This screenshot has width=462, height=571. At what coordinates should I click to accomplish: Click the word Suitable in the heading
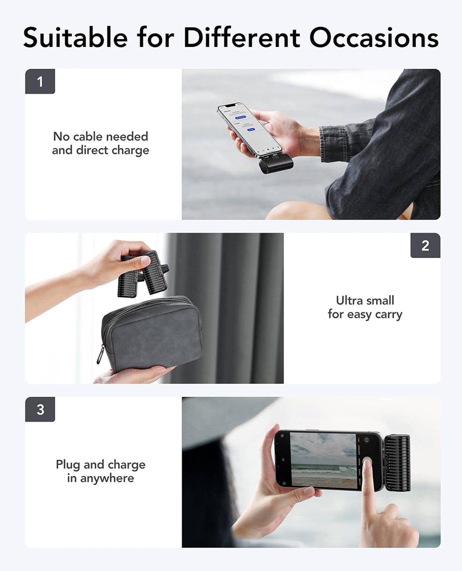tap(75, 37)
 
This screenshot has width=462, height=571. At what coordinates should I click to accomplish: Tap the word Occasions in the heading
tap(373, 37)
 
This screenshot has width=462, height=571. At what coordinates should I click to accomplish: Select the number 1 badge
tap(40, 82)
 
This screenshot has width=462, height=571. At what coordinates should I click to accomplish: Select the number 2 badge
tap(425, 246)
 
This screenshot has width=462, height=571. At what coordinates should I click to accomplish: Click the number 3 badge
tap(40, 410)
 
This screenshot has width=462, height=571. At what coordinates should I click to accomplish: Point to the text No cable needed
tap(100, 136)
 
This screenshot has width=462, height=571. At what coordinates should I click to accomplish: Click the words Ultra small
tap(365, 300)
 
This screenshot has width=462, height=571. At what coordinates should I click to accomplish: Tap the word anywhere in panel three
tap(107, 478)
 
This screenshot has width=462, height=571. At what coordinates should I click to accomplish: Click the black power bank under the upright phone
tap(276, 164)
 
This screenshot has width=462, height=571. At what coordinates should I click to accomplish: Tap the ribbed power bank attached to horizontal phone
tap(398, 462)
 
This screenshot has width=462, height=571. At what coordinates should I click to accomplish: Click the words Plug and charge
tap(100, 465)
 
